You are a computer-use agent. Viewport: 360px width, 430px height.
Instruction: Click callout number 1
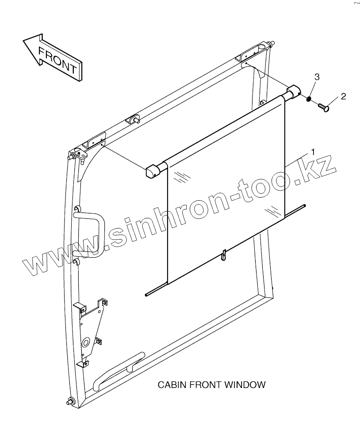[313, 152]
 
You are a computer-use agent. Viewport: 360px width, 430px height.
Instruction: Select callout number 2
[343, 96]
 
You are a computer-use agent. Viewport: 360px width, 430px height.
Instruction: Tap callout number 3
[317, 77]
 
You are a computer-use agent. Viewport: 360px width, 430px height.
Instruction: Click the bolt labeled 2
[324, 107]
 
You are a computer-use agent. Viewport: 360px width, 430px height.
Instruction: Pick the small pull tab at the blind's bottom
[224, 255]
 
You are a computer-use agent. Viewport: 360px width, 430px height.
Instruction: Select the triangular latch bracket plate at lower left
[92, 327]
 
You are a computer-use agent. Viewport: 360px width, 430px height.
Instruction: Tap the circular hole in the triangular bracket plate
[85, 342]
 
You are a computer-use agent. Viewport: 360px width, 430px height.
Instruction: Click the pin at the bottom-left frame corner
[69, 401]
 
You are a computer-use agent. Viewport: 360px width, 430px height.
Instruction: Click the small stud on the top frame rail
[135, 119]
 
